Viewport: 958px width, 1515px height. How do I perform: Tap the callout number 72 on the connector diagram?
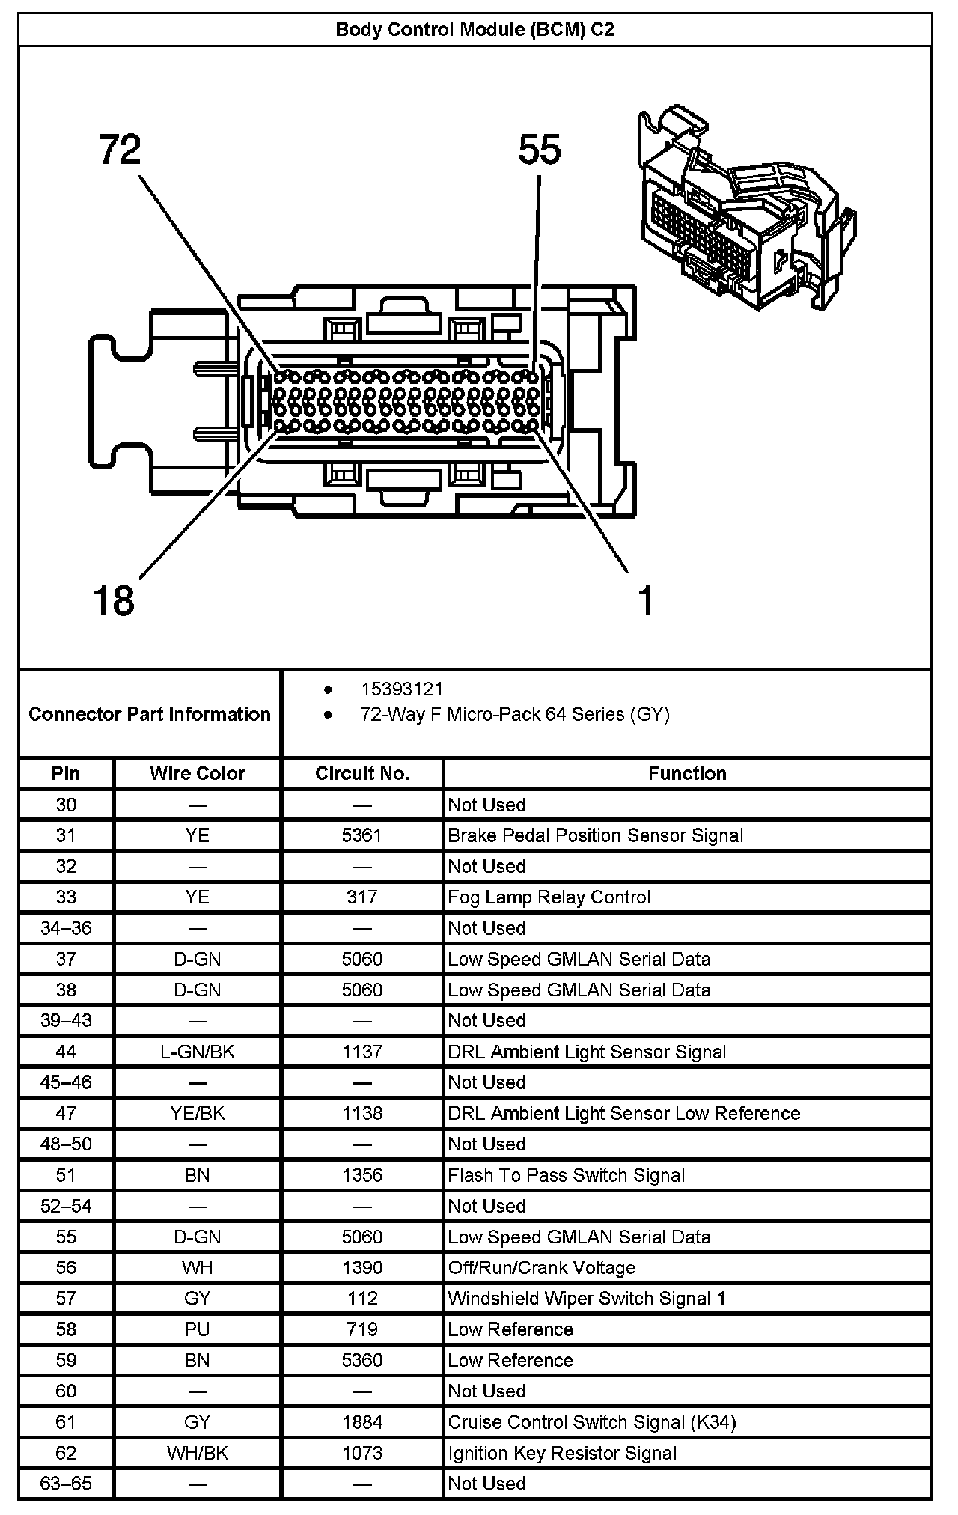120,150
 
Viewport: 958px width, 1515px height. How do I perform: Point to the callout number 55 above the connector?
539,150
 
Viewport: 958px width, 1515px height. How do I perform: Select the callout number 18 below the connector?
114,600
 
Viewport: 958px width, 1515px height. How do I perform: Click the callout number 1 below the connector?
646,600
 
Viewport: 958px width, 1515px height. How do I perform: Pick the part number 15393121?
401,689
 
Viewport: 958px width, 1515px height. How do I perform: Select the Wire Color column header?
197,773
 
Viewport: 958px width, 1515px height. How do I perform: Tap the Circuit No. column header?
362,773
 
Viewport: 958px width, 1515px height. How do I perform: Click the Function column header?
687,773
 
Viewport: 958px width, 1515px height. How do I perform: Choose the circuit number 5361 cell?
362,835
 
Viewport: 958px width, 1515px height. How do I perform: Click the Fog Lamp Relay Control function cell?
549,897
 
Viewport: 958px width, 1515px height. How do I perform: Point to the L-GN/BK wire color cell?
197,1052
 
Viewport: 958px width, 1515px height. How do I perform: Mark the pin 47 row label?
66,1113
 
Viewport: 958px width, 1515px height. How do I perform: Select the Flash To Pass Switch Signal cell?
566,1175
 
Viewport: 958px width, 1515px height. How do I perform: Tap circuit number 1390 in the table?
362,1267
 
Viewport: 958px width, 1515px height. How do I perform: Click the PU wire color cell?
197,1329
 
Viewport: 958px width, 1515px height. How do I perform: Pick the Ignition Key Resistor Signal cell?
562,1453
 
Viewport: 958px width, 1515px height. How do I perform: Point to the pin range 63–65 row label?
66,1484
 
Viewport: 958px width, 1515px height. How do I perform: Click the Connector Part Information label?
150,714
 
